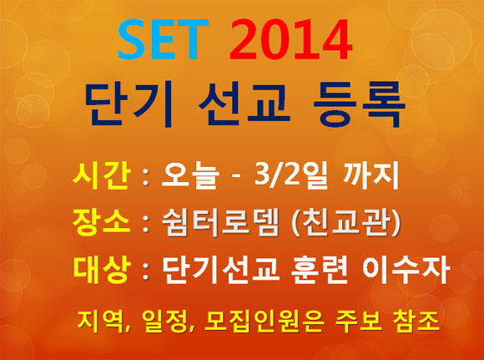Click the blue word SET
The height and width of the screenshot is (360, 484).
164,39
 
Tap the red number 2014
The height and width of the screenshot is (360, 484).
290,39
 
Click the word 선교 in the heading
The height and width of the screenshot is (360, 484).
245,104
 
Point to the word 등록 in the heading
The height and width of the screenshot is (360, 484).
359,104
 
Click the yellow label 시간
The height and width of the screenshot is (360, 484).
101,176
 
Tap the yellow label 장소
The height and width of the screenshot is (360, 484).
101,222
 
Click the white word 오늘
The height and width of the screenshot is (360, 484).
190,176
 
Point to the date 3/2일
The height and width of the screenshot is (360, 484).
290,176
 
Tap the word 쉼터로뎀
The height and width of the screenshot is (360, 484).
220,222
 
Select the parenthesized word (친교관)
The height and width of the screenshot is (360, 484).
346,222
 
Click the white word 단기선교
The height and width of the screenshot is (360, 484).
220,270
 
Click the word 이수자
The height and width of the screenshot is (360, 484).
406,270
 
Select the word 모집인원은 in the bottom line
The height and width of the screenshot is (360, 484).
265,322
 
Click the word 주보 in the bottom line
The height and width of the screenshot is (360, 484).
359,322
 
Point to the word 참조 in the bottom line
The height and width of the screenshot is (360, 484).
416,322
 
